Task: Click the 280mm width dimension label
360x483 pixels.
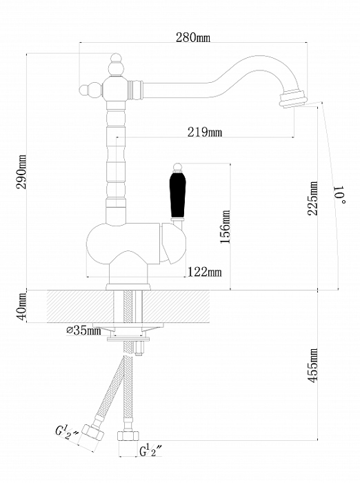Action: pos(193,37)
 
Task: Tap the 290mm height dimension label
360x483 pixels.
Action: pos(21,172)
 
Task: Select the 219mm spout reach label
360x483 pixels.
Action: pos(204,132)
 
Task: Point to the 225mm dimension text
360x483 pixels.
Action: pos(313,199)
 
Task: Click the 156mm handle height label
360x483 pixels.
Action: pos(226,227)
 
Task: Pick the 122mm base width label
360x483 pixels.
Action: pos(205,272)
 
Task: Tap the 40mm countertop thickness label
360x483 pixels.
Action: pos(21,306)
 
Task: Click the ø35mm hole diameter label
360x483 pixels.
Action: pos(83,331)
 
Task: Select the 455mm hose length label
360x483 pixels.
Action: pos(313,366)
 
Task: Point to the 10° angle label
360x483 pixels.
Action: pos(341,195)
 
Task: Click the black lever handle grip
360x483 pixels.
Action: pos(178,195)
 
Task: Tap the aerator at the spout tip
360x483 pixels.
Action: pos(292,98)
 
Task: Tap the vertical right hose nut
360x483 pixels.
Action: pos(128,435)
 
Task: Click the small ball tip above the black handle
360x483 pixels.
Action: pos(177,166)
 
